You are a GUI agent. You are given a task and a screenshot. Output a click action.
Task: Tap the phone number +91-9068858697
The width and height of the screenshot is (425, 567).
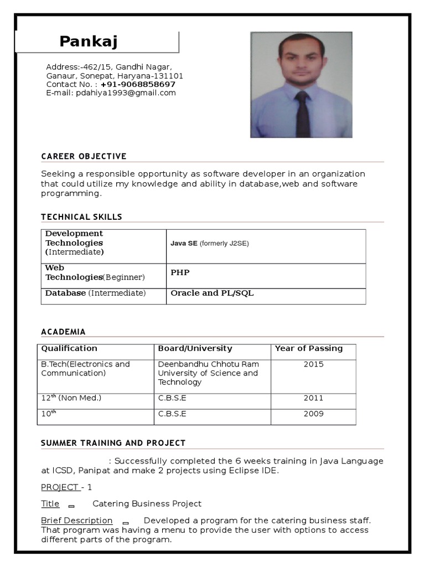pyautogui.click(x=138, y=84)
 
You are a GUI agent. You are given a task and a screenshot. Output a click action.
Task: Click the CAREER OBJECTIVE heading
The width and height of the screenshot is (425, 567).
pyautogui.click(x=84, y=156)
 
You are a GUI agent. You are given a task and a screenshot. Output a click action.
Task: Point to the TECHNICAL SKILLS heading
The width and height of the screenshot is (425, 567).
pyautogui.click(x=81, y=217)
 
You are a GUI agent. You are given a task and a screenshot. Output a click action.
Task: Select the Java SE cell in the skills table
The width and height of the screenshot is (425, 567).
pyautogui.click(x=210, y=243)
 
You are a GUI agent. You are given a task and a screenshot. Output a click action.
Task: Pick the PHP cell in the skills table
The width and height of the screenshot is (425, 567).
pyautogui.click(x=180, y=272)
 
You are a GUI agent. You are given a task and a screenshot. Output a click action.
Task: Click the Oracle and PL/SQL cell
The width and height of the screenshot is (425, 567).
pyautogui.click(x=212, y=293)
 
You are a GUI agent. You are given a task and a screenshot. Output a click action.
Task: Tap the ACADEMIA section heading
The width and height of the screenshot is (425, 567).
pyautogui.click(x=63, y=332)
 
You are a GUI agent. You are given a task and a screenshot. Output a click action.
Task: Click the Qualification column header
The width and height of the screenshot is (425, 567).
pyautogui.click(x=69, y=348)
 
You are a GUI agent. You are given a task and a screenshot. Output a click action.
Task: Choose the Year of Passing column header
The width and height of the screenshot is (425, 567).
pyautogui.click(x=309, y=348)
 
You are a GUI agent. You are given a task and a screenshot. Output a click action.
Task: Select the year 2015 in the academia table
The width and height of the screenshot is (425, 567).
pyautogui.click(x=314, y=364)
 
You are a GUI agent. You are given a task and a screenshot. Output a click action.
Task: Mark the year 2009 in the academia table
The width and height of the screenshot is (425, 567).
pyautogui.click(x=314, y=414)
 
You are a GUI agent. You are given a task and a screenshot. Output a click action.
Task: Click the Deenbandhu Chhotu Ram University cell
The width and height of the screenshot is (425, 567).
pyautogui.click(x=208, y=373)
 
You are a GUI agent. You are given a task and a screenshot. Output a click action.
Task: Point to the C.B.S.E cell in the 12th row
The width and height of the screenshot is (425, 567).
pyautogui.click(x=172, y=398)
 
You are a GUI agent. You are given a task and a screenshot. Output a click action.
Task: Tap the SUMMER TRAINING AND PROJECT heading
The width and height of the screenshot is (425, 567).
pyautogui.click(x=113, y=443)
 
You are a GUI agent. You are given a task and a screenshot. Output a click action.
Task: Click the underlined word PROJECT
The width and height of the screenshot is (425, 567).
pyautogui.click(x=60, y=487)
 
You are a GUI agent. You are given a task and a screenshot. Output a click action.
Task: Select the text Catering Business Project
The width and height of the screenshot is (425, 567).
pyautogui.click(x=147, y=504)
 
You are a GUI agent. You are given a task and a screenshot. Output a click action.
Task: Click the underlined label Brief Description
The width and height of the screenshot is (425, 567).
pyautogui.click(x=77, y=520)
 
